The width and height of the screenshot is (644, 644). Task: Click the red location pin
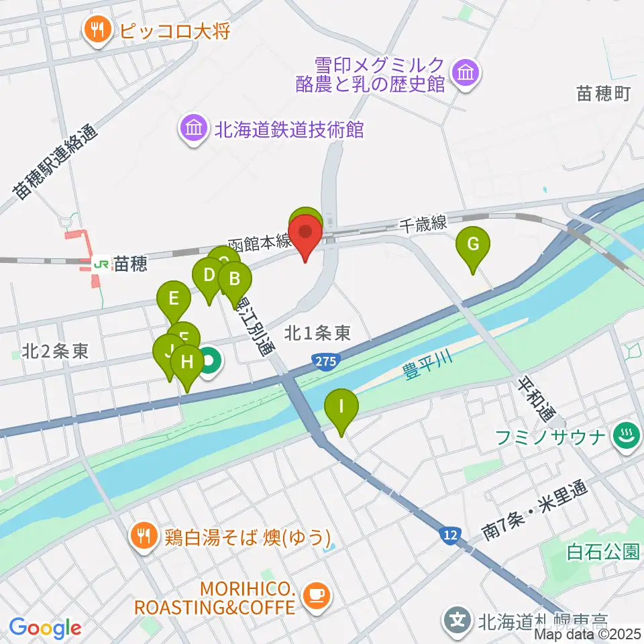click(305, 235)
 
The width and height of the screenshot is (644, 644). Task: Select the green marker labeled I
click(341, 407)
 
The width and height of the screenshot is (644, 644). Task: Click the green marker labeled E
click(174, 297)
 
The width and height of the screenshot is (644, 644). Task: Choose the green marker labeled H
click(187, 363)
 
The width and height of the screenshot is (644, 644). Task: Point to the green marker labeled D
click(209, 275)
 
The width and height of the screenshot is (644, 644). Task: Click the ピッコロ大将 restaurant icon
click(98, 29)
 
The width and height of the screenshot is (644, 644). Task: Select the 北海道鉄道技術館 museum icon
click(193, 127)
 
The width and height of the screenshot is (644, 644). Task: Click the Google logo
click(46, 628)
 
